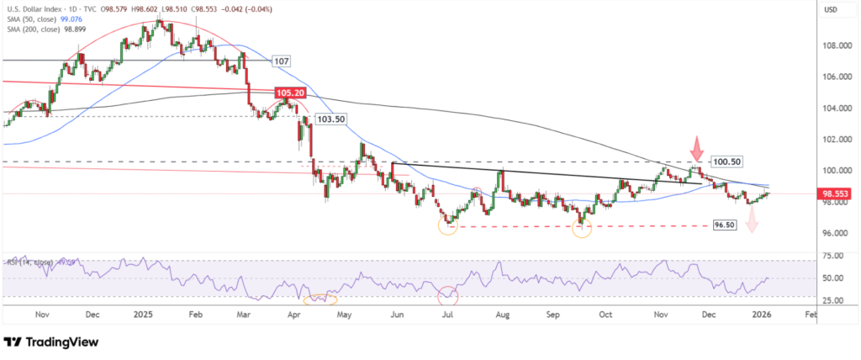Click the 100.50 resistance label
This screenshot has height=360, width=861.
[x=728, y=160]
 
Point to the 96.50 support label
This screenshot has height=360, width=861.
[x=725, y=225]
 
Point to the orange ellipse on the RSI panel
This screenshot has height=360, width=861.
[x=320, y=298]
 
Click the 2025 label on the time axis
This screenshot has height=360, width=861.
[x=144, y=315]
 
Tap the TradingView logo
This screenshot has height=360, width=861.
[x=51, y=343]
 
